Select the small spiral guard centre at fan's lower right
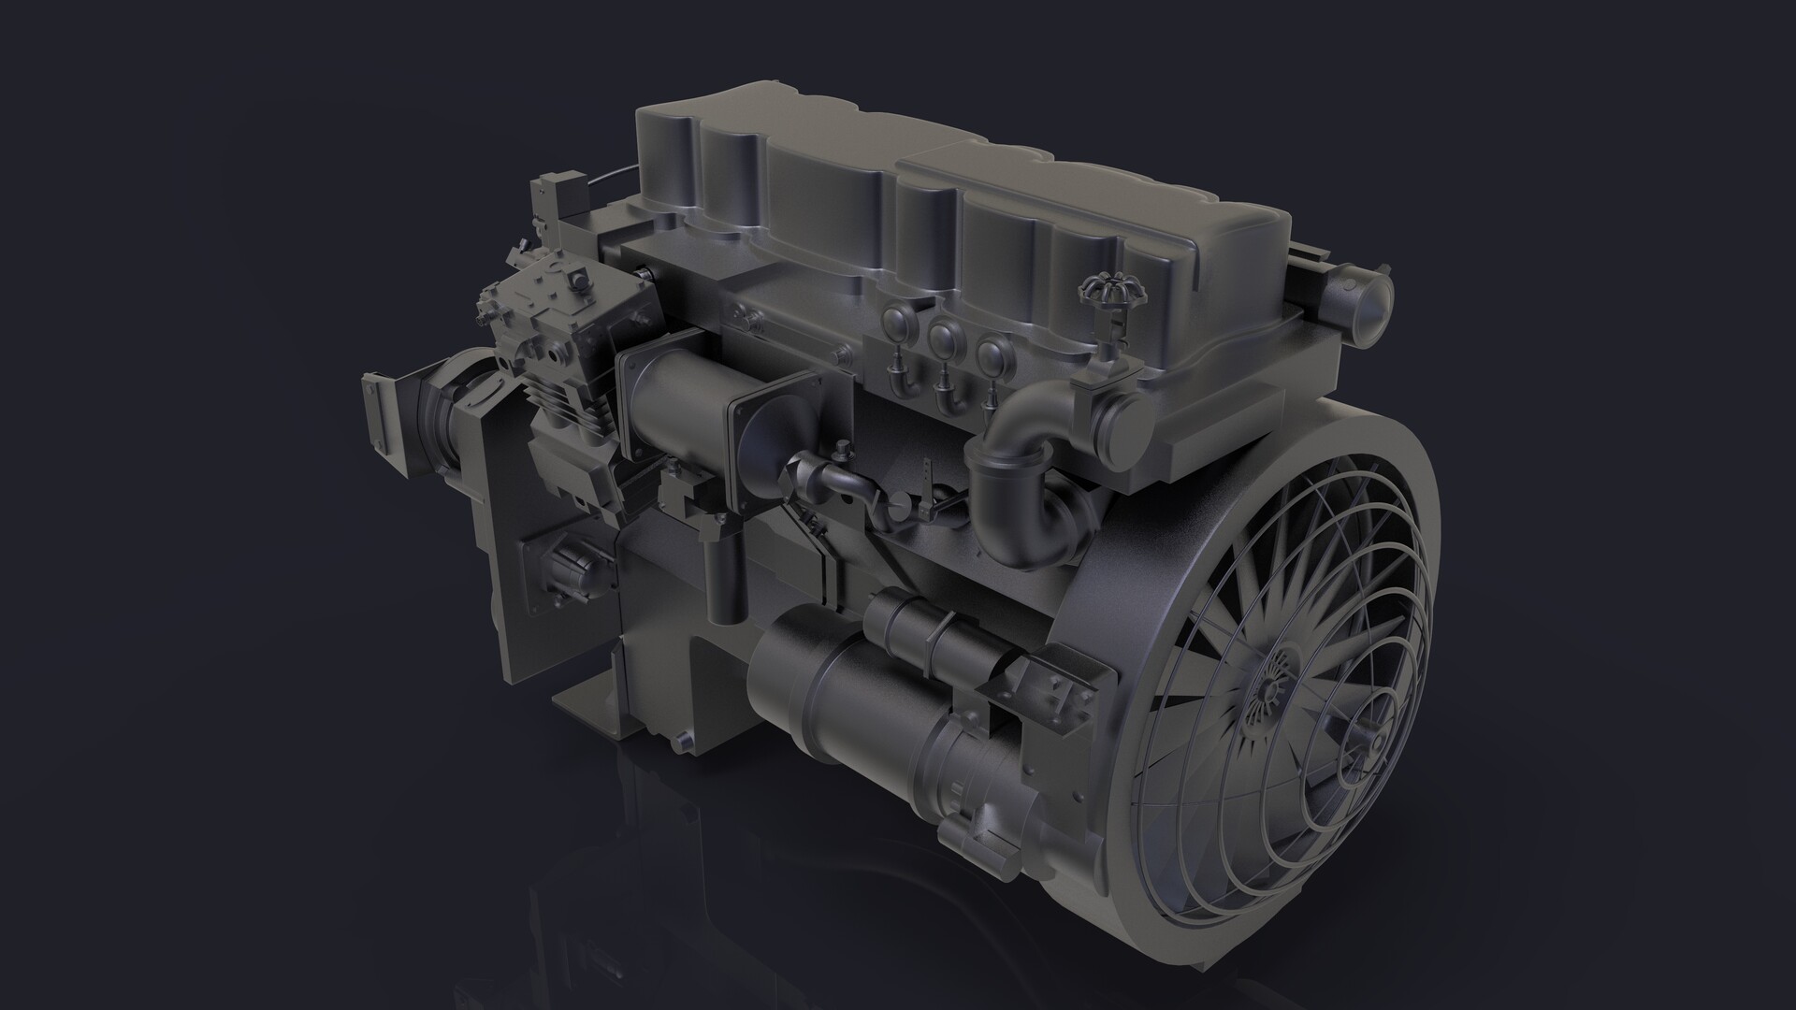(1368, 743)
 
